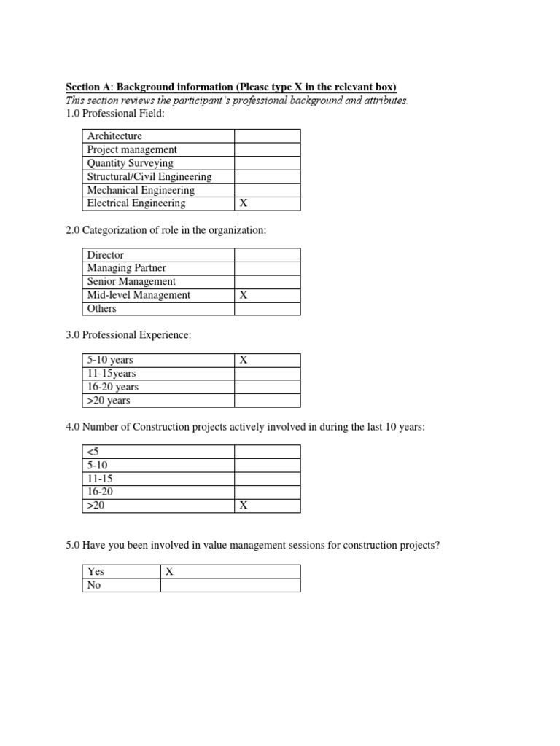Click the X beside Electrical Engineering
point(244,204)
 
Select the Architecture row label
point(114,136)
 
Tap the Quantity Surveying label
point(130,163)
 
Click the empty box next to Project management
point(266,149)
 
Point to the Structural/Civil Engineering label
point(149,176)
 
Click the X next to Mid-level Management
point(244,295)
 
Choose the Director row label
point(106,255)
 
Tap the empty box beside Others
point(266,308)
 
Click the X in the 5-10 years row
point(244,360)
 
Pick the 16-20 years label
point(112,387)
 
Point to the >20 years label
point(109,401)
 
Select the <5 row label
point(93,452)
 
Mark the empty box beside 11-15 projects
point(266,479)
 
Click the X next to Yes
point(169,572)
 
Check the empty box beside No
point(230,585)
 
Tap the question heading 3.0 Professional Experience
point(128,334)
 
